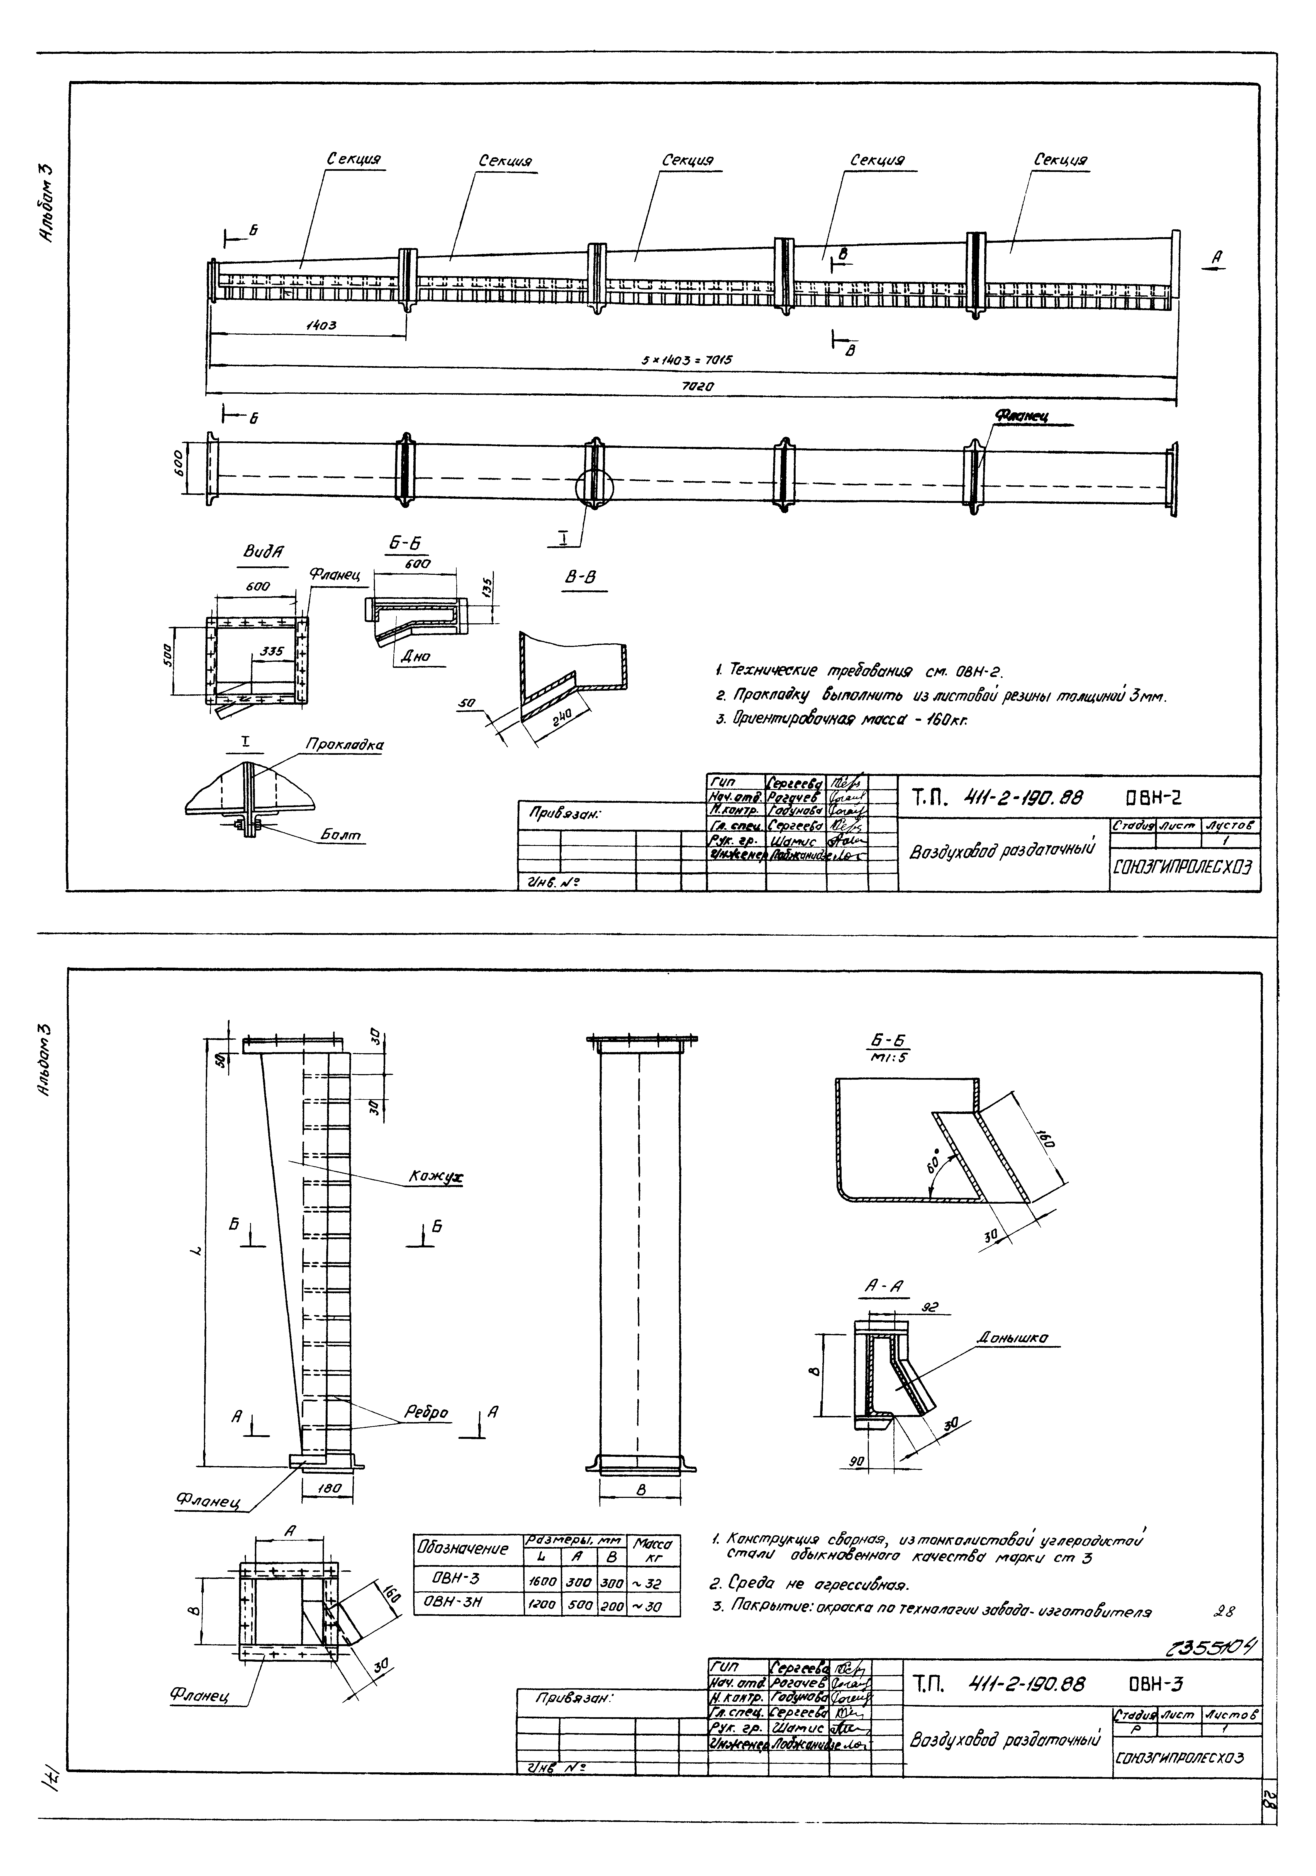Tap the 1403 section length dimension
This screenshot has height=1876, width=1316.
pos(321,325)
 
